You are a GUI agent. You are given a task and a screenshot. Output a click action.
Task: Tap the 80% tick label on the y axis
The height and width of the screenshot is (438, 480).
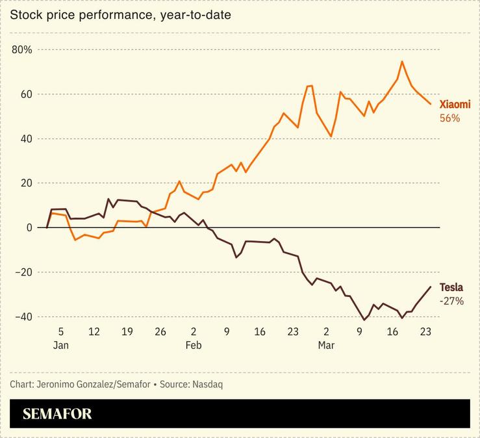(x=23, y=50)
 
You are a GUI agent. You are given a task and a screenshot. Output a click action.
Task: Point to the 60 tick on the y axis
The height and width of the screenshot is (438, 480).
(x=25, y=94)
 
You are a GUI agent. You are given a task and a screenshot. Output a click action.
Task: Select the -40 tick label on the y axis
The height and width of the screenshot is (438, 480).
(x=23, y=316)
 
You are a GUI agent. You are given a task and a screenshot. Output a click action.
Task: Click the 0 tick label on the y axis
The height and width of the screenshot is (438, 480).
(x=29, y=227)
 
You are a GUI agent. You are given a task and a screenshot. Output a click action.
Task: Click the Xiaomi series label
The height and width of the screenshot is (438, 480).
(x=455, y=105)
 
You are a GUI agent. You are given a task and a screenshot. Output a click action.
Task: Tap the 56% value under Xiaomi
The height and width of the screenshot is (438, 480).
(x=450, y=118)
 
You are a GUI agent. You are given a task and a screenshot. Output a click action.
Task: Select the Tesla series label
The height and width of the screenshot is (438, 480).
(x=451, y=287)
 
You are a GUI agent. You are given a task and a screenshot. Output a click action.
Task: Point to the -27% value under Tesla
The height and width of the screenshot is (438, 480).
(x=451, y=301)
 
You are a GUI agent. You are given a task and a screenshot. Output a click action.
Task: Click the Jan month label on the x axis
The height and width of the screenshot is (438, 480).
(x=60, y=346)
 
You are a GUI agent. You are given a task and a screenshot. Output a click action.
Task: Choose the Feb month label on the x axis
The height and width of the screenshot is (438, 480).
(x=194, y=346)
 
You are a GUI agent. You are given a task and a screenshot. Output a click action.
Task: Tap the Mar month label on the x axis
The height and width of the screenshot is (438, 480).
(x=326, y=346)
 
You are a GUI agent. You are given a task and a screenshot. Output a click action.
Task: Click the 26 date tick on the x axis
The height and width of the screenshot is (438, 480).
(x=160, y=332)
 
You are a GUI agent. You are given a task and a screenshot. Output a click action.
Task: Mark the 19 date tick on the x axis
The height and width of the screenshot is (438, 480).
(x=127, y=332)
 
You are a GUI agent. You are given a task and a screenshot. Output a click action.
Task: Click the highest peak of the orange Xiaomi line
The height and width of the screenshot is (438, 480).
(x=402, y=62)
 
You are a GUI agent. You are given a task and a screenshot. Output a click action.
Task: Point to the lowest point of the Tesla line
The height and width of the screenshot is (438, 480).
(x=364, y=320)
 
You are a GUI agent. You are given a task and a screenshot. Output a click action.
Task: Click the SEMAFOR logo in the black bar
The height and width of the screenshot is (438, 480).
(x=57, y=414)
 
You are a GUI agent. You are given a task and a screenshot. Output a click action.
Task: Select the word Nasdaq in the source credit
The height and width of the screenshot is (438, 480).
(x=207, y=384)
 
